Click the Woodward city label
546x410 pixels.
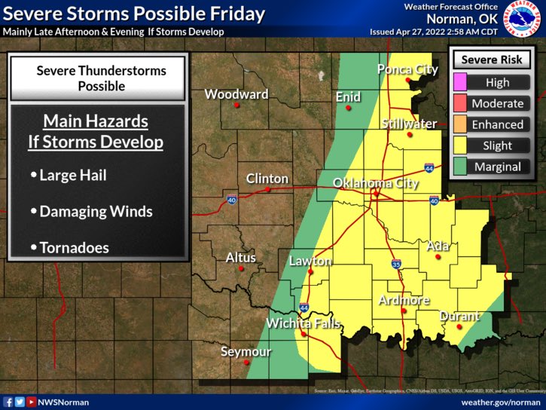pos(236,94)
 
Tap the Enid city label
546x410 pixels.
pos(348,96)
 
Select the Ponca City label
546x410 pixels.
pos(407,69)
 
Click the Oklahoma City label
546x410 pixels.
pos(375,183)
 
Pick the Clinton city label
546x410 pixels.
pos(267,179)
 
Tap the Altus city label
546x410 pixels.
pos(241,258)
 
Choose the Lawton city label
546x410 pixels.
pos(310,262)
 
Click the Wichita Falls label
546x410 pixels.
pos(303,324)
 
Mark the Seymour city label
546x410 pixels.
pos(245,352)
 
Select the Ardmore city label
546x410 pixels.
pos(404,300)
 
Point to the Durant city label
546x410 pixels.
pos(459,316)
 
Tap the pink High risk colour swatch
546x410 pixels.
pos(459,82)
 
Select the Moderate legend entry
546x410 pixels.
pos(496,103)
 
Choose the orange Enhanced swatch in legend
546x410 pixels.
pos(459,124)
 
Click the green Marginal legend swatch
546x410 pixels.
pos(459,167)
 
